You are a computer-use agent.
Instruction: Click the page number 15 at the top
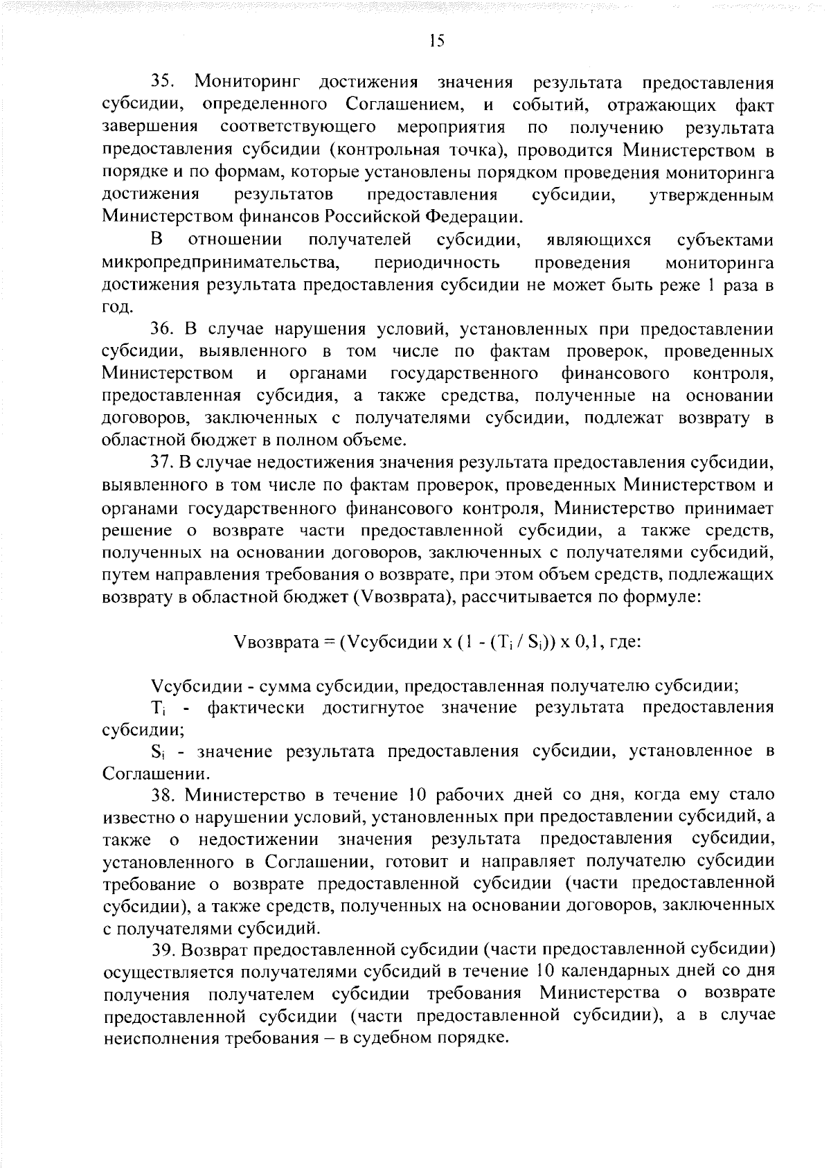pyautogui.click(x=435, y=41)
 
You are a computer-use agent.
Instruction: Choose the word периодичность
pyautogui.click(x=436, y=263)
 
